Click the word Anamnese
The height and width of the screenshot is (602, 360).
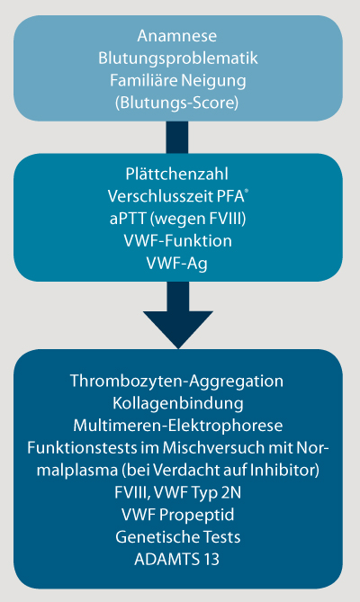177,36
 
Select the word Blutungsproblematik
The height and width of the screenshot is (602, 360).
177,58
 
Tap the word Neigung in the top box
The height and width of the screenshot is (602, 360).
213,81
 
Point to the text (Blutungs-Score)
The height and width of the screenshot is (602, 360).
177,103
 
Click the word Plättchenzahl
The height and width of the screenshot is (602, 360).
177,174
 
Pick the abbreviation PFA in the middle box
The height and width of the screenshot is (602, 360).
232,196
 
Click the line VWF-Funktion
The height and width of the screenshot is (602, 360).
177,241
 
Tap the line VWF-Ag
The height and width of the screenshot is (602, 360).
177,265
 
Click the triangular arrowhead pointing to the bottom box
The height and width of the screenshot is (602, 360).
178,328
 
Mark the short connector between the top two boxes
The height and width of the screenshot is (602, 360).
177,138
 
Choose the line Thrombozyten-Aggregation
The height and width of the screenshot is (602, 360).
177,382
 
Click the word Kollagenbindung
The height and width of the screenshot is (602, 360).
178,403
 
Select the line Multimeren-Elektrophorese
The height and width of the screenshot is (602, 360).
178,426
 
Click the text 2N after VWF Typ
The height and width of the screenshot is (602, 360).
230,492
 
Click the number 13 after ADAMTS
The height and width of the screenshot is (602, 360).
211,560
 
